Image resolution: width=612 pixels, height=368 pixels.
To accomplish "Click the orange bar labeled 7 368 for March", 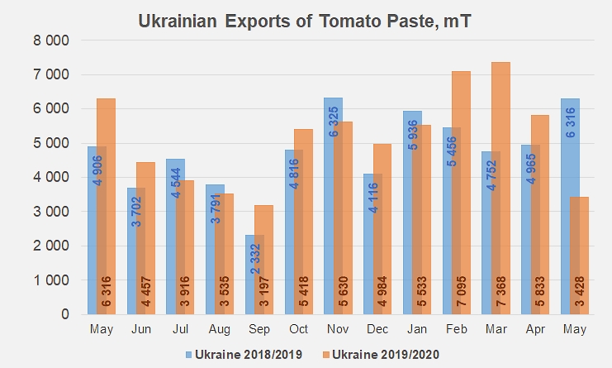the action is point(501,189).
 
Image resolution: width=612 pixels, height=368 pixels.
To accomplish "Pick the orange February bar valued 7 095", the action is point(462,193).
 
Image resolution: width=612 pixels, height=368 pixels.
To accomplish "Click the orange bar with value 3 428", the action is point(580,256).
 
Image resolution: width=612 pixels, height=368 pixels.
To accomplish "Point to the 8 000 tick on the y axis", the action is point(51,41).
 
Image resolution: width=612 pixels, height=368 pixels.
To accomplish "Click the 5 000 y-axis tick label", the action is point(51,143).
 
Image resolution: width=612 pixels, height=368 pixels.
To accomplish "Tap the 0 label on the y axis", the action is point(65,314).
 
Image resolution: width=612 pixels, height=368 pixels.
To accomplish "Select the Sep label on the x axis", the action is point(259,329).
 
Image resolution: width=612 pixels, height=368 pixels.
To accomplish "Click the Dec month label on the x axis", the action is point(377,329).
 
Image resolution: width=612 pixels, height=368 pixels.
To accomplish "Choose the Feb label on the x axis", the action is point(456,329).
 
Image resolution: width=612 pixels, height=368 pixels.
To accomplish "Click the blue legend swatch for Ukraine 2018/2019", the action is point(189,355).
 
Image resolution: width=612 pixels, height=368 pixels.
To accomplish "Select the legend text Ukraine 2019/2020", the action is point(386,354).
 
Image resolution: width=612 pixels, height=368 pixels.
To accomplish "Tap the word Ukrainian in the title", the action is point(178,22).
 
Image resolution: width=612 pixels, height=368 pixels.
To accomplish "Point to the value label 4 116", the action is point(373,198).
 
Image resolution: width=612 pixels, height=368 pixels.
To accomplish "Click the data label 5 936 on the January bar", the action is point(413,135).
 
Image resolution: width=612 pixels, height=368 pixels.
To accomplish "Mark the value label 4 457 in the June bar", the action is point(145,291).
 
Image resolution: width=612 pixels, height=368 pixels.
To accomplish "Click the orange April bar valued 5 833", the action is point(540,215).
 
